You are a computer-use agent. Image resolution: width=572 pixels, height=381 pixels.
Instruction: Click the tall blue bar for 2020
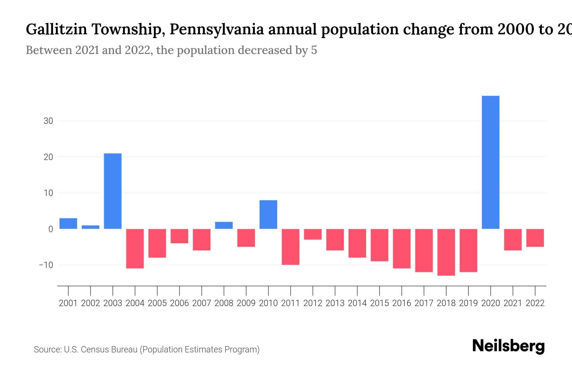pyautogui.click(x=491, y=162)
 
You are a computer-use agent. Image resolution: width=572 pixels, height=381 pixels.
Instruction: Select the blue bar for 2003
pyautogui.click(x=113, y=191)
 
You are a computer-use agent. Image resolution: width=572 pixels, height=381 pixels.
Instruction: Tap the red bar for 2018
pyautogui.click(x=446, y=252)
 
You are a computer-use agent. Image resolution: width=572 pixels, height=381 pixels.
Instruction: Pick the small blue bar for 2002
pyautogui.click(x=91, y=227)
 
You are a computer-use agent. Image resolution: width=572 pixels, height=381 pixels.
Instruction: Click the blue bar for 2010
pyautogui.click(x=268, y=214)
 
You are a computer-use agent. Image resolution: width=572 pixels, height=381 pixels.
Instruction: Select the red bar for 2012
pyautogui.click(x=313, y=234)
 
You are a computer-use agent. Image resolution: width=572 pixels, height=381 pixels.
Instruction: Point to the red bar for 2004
pyautogui.click(x=135, y=249)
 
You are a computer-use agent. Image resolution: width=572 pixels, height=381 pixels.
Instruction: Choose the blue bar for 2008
pyautogui.click(x=224, y=225)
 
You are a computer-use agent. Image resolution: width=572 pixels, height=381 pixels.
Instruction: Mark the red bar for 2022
pyautogui.click(x=535, y=238)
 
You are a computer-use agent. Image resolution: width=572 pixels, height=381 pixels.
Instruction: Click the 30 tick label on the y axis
pyautogui.click(x=48, y=121)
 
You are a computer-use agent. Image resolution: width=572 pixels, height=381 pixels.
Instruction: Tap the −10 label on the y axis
pyautogui.click(x=46, y=265)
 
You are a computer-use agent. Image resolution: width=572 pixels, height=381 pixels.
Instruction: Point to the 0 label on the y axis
pyautogui.click(x=51, y=229)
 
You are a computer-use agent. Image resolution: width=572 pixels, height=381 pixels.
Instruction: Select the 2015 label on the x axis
pyautogui.click(x=379, y=303)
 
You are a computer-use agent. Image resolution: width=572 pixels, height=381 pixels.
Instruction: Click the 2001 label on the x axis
pyautogui.click(x=68, y=303)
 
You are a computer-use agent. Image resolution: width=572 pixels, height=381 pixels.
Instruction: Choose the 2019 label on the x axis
pyautogui.click(x=468, y=303)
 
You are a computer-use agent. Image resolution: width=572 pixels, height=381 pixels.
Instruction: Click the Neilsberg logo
pyautogui.click(x=508, y=346)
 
